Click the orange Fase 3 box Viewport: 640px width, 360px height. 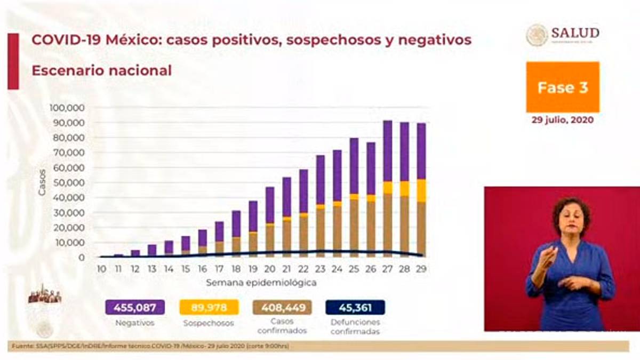[x=563, y=87]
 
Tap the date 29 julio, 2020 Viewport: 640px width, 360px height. [x=563, y=120]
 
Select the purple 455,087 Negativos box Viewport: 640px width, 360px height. [x=135, y=307]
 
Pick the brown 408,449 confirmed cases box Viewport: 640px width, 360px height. [x=282, y=307]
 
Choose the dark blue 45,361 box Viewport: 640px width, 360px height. [x=355, y=307]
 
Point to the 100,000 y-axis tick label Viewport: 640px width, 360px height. [x=67, y=108]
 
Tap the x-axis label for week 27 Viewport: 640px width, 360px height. [x=388, y=269]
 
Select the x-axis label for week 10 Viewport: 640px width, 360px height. [x=101, y=269]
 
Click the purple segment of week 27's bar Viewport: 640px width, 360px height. [x=388, y=151]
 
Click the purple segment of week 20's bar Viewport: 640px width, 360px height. [x=270, y=205]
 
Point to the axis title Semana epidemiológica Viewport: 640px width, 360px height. [x=261, y=282]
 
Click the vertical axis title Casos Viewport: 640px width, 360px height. [x=42, y=182]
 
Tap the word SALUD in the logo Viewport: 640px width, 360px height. [x=575, y=33]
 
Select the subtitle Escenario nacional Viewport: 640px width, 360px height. [x=101, y=70]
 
